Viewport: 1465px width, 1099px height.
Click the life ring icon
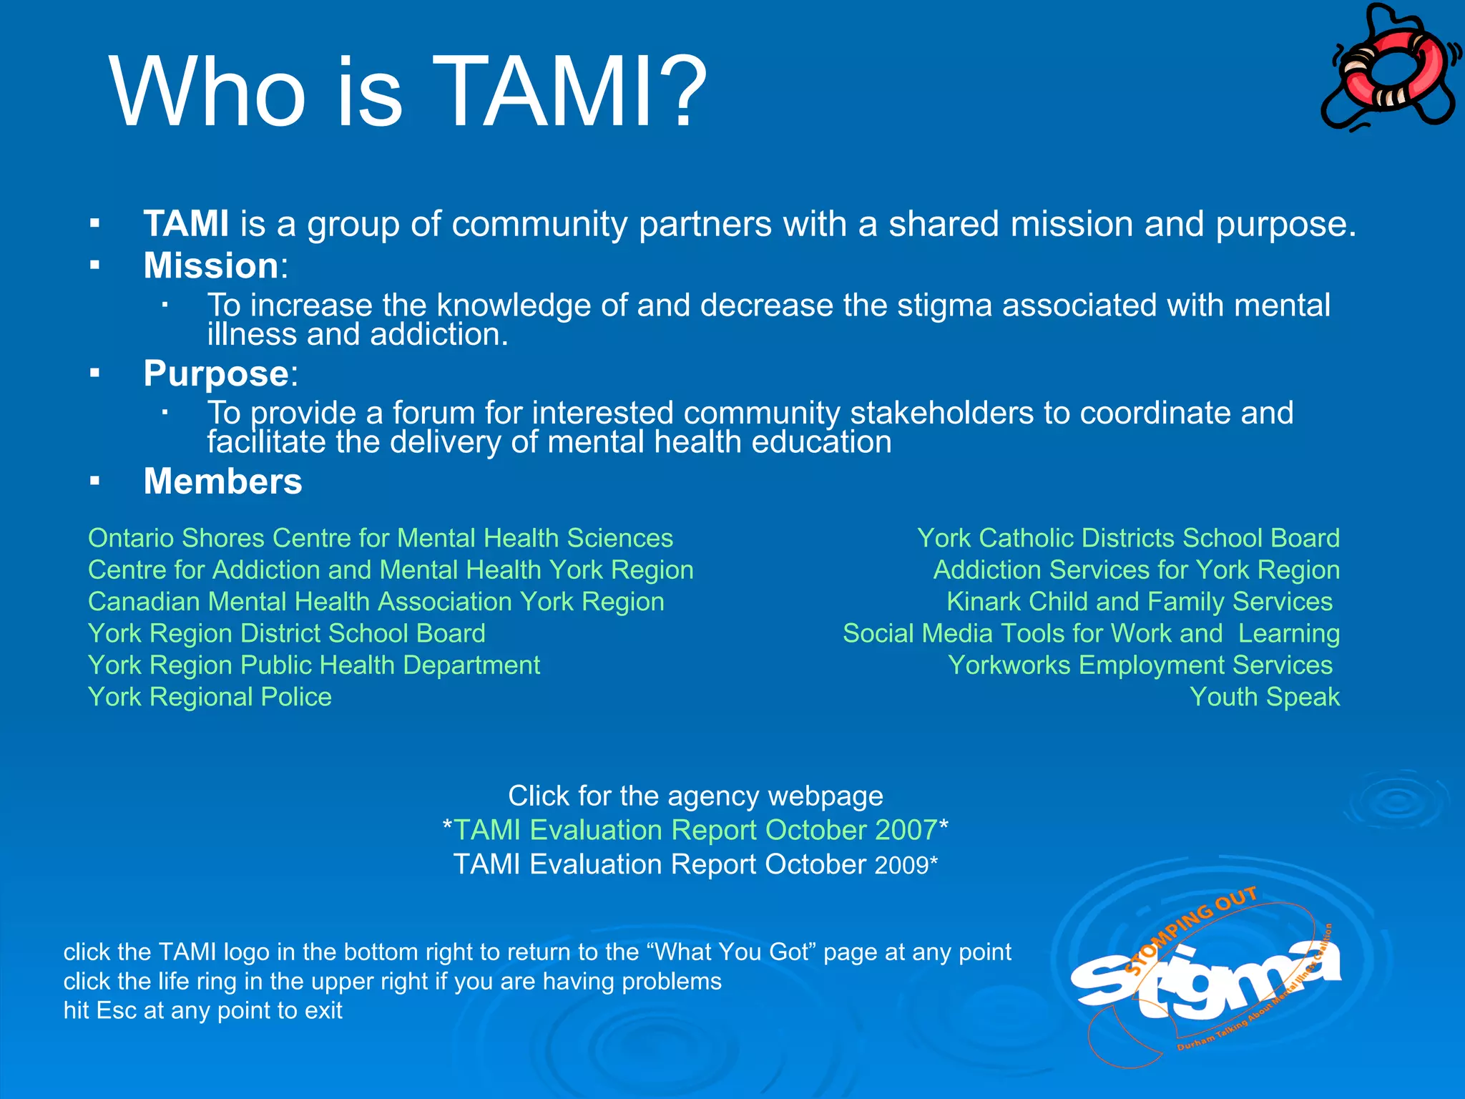tap(1388, 68)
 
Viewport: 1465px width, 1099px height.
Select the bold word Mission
tap(210, 265)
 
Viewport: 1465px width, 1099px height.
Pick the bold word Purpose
tap(215, 373)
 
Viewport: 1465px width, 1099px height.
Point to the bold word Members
tap(222, 482)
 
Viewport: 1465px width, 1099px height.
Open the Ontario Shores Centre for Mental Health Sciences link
tap(380, 538)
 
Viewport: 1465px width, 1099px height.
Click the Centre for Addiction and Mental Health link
tap(391, 570)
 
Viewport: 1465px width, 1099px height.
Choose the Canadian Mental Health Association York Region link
tap(376, 602)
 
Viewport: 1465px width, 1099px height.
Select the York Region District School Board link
tap(286, 634)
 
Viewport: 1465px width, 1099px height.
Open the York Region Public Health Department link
tap(313, 665)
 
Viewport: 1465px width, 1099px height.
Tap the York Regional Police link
tap(210, 698)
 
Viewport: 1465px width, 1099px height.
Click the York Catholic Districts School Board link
tap(1128, 538)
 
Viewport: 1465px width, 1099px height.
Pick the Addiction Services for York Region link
tap(1136, 570)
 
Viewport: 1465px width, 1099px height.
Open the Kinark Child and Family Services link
tap(1140, 602)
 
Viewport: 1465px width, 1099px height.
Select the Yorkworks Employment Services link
tap(1140, 665)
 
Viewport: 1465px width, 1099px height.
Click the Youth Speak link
tap(1264, 698)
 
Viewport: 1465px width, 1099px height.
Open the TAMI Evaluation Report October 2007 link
tap(695, 830)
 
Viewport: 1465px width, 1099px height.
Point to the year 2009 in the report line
tap(901, 866)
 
